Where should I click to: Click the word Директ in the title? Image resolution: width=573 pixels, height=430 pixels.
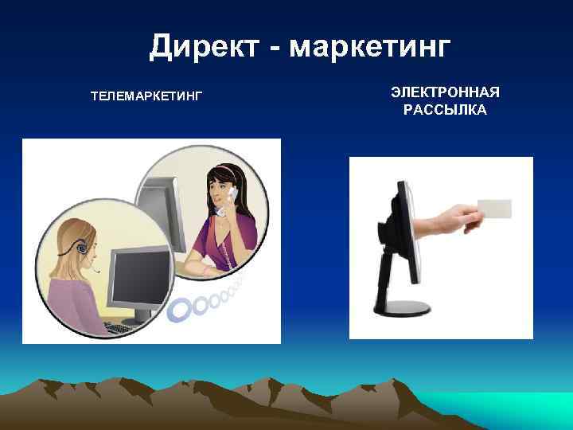204,47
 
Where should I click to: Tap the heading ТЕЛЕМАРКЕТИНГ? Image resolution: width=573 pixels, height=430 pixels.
147,96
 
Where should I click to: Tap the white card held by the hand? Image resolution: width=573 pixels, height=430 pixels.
493,209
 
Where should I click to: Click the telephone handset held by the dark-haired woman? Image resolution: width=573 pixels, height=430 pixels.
233,192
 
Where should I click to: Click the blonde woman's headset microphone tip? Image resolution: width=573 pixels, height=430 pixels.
98,271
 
